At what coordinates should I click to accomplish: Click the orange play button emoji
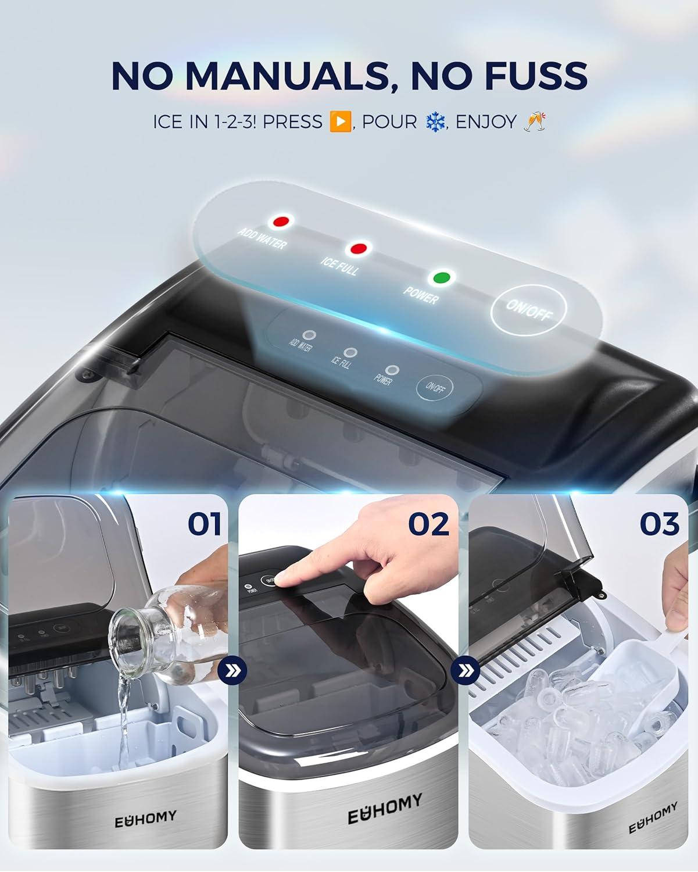[340, 121]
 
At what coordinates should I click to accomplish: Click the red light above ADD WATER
[282, 221]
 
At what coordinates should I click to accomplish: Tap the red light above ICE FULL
[358, 249]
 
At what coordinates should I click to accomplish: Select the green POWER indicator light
[443, 278]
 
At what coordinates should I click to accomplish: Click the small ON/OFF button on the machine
[435, 388]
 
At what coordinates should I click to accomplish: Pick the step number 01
[204, 524]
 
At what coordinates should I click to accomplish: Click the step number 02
[429, 524]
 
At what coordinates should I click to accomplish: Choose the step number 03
[660, 524]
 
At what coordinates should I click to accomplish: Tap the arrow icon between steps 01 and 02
[232, 671]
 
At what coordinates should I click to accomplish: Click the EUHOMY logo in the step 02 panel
[385, 810]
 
